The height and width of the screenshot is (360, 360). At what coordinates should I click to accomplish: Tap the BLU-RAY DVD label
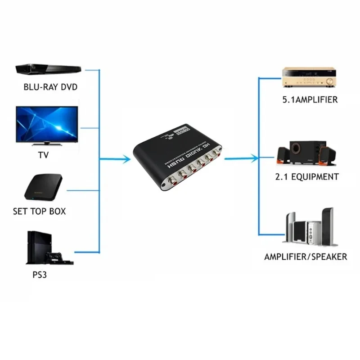click(50, 87)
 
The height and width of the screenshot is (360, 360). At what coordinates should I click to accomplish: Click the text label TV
click(44, 155)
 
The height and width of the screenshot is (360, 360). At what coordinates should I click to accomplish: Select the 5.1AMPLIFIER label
click(310, 100)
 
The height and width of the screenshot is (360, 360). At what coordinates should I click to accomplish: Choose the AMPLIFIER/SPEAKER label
click(306, 256)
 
